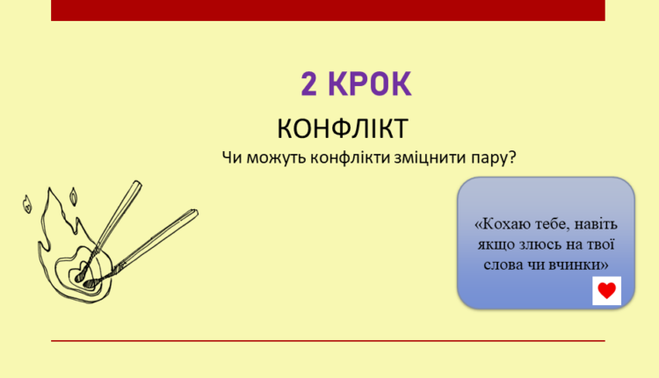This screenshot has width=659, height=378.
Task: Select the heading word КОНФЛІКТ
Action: click(343, 128)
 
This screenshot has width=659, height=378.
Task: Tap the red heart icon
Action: click(606, 290)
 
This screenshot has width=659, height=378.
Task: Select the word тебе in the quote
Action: click(549, 224)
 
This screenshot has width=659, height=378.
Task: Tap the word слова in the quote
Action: click(501, 263)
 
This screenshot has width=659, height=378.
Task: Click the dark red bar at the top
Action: click(328, 10)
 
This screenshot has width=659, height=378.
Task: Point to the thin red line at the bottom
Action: click(328, 340)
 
